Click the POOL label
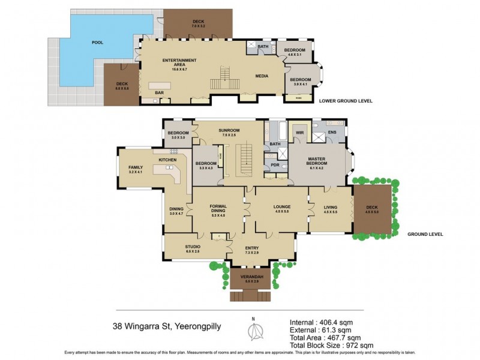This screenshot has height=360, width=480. tap(97, 43)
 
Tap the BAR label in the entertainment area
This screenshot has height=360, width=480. tap(160, 92)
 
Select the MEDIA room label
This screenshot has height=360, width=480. tap(262, 76)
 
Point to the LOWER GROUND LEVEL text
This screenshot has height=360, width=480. tap(346, 101)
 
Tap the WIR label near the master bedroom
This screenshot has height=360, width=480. tap(299, 132)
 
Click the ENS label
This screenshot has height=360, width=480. tap(332, 132)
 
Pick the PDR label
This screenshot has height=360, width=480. tap(276, 164)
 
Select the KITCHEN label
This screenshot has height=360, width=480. tap(167, 160)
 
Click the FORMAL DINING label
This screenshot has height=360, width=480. tap(218, 209)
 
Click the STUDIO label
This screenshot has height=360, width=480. tap(192, 247)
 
